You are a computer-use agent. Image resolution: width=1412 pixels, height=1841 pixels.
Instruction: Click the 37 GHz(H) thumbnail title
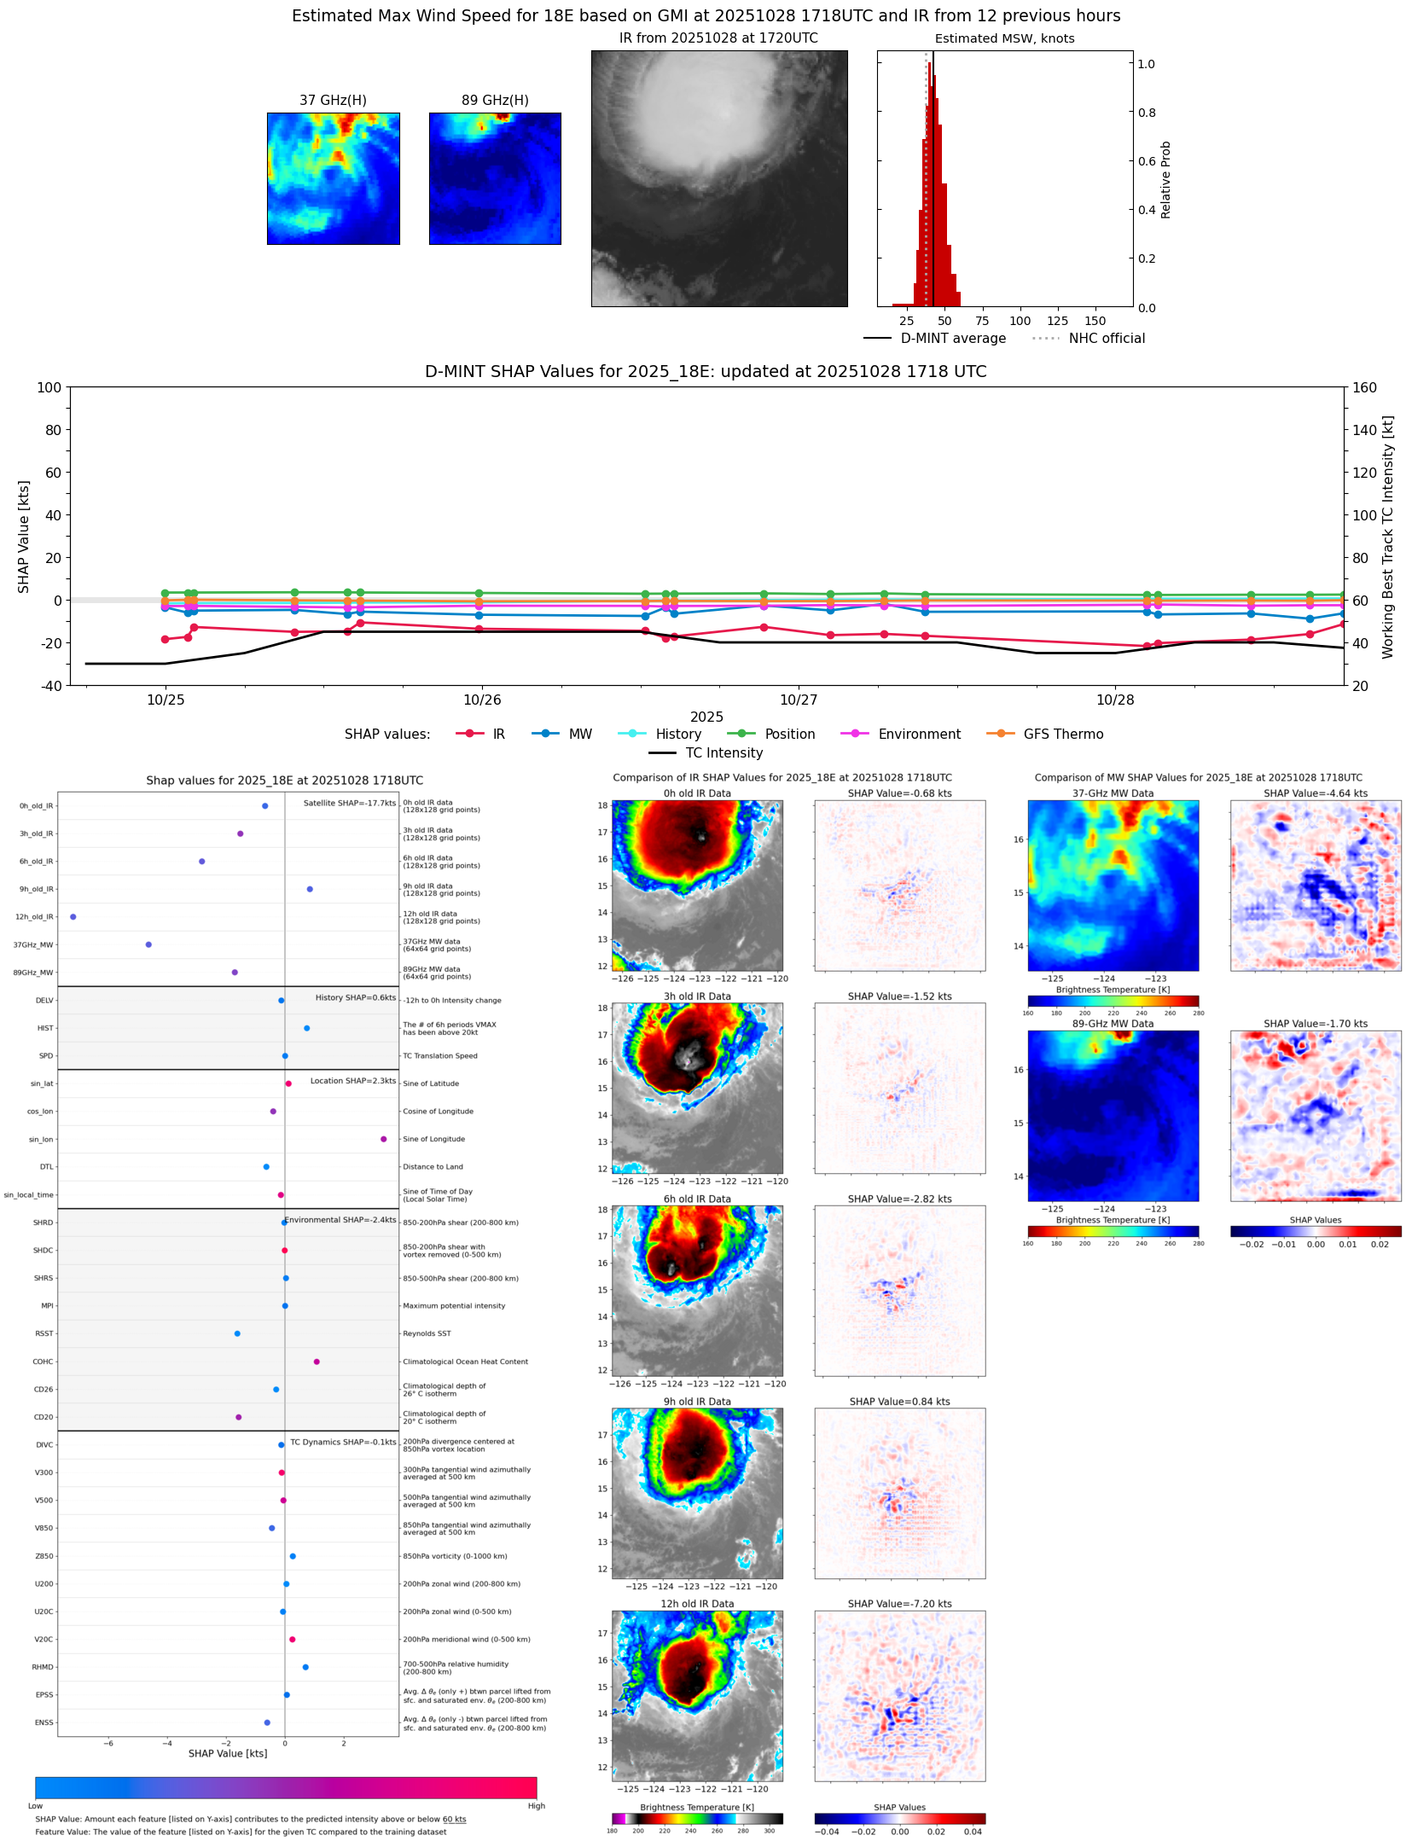coord(333,101)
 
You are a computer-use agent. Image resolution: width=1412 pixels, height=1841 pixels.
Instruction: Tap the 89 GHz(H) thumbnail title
coord(495,101)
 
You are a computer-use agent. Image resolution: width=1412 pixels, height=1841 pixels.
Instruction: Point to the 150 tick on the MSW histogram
coord(1095,322)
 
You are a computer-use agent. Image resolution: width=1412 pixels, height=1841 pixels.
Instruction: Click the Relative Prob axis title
coord(1165,180)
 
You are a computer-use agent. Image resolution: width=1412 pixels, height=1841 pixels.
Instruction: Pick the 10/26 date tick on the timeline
coord(482,700)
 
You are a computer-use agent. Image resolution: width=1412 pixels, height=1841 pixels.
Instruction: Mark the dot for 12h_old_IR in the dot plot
coord(73,917)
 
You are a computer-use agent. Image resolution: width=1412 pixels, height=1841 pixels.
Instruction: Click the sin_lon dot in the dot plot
coord(383,1140)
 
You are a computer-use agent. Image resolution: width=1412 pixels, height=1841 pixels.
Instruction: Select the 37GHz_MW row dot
coord(148,945)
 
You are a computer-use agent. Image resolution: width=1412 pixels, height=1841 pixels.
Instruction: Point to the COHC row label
coord(44,1362)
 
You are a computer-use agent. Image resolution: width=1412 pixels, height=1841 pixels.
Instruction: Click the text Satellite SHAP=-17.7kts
coord(350,804)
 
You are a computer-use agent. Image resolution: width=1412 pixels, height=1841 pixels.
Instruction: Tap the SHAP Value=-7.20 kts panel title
coord(899,1605)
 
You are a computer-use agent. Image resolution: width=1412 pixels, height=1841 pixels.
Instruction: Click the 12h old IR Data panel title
coord(697,1605)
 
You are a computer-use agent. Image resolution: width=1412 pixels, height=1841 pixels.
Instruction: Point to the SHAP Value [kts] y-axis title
coord(24,537)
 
